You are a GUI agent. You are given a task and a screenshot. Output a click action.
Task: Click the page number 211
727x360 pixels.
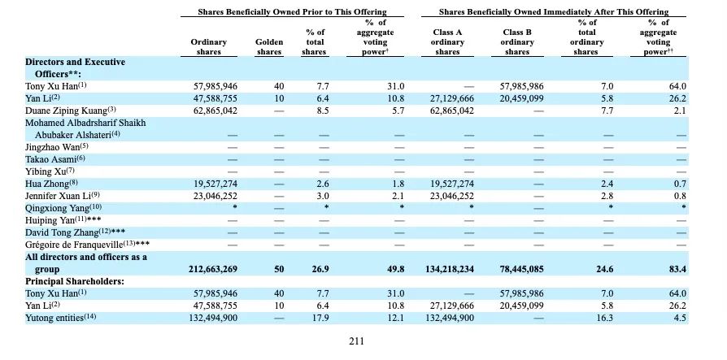356,341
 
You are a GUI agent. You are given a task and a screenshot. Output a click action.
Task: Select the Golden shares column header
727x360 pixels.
269,47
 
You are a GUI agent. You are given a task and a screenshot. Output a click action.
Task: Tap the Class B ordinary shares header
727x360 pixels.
517,42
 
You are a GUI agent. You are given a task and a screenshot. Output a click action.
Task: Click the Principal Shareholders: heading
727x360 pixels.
75,281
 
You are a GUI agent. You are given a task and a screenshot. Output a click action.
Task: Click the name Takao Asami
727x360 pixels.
51,159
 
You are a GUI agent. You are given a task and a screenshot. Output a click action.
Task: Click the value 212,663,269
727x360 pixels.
213,269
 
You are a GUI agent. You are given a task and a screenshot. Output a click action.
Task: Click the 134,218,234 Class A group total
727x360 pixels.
449,269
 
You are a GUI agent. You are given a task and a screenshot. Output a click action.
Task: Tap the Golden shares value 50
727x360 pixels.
279,269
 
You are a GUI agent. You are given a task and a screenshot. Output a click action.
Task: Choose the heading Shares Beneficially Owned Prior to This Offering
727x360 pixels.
292,12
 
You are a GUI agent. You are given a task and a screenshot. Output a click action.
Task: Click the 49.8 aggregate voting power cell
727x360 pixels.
395,269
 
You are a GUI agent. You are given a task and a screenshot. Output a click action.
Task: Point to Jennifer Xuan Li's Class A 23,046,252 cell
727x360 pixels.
452,196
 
